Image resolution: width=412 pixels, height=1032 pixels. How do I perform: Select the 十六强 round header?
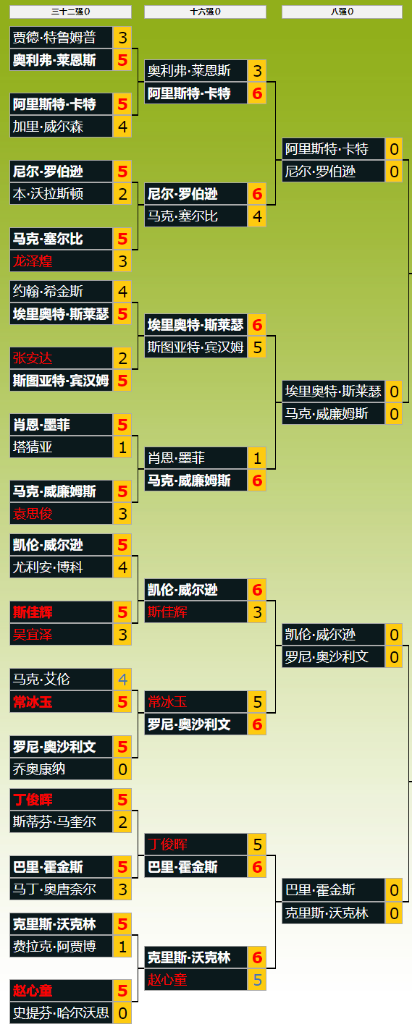pyautogui.click(x=205, y=12)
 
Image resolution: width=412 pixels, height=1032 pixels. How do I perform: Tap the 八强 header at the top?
pyautogui.click(x=342, y=12)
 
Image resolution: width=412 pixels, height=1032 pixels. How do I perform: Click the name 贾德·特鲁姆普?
pyautogui.click(x=54, y=38)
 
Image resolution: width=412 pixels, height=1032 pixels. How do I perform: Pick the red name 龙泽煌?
pyautogui.click(x=33, y=261)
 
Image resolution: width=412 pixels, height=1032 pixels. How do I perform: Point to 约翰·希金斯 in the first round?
pyautogui.click(x=48, y=291)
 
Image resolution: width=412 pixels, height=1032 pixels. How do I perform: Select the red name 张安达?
pyautogui.click(x=33, y=358)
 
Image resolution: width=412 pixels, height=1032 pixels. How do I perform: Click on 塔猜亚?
pyautogui.click(x=33, y=447)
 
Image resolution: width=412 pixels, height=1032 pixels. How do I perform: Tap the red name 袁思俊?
pyautogui.click(x=33, y=514)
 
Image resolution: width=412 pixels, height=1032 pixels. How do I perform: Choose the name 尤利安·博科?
pyautogui.click(x=48, y=567)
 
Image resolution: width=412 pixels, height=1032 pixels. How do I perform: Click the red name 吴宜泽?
pyautogui.click(x=33, y=635)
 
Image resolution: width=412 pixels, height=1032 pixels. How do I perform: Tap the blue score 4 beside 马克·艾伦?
pyautogui.click(x=122, y=679)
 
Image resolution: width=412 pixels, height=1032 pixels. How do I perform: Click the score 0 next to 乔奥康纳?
pyautogui.click(x=122, y=769)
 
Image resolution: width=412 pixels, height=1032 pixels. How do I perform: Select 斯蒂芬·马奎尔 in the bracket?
pyautogui.click(x=54, y=822)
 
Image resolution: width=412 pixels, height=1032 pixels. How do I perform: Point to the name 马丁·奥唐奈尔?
pyautogui.click(x=54, y=889)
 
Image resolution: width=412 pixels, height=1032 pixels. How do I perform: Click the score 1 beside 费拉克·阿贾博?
pyautogui.click(x=122, y=947)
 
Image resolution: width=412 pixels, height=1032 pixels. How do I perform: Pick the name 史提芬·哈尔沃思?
pyautogui.click(x=61, y=1013)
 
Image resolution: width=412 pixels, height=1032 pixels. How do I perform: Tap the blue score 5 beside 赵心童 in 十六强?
pyautogui.click(x=257, y=980)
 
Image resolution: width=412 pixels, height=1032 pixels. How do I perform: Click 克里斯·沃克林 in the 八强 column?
pyautogui.click(x=327, y=913)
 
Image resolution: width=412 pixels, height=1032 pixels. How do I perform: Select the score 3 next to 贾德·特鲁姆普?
pyautogui.click(x=122, y=38)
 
